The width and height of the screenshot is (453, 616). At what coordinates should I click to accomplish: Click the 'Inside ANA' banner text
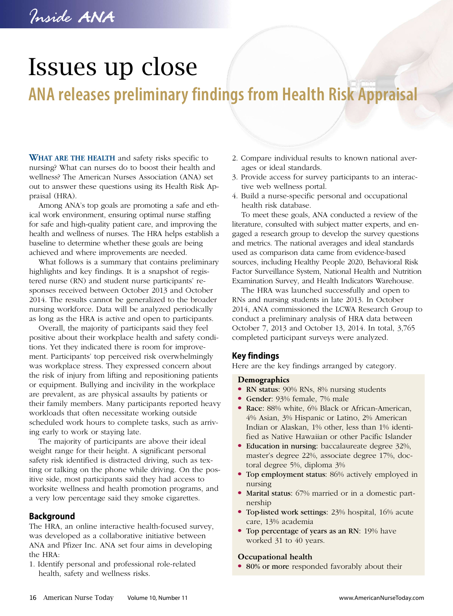[x=72, y=17]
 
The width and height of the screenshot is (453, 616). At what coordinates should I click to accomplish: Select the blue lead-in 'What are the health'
[x=72, y=158]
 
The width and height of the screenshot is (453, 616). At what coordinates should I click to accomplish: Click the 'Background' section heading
[x=52, y=516]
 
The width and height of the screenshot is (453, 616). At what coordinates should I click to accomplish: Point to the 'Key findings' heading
[x=255, y=356]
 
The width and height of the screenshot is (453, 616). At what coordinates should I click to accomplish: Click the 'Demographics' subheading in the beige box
[x=263, y=380]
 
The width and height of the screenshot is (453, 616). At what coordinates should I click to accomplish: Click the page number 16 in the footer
[x=33, y=598]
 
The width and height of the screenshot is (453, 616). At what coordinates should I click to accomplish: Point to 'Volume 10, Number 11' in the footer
[x=157, y=598]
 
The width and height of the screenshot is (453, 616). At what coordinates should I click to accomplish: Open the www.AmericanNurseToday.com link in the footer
[x=381, y=598]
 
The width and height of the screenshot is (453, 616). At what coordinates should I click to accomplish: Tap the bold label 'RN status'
[x=262, y=389]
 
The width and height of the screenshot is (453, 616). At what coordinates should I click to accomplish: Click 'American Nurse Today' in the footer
[x=78, y=598]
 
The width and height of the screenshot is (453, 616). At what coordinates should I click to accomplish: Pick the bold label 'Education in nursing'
[x=282, y=446]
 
